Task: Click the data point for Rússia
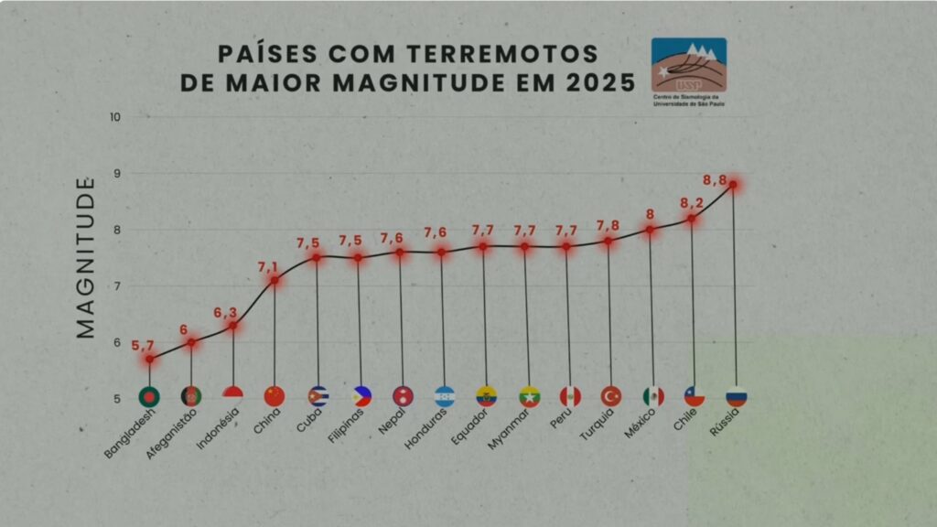click(x=733, y=185)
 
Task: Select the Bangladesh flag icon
click(x=149, y=396)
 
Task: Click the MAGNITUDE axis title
click(x=86, y=258)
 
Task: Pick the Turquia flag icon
click(x=610, y=396)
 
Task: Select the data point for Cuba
click(x=317, y=257)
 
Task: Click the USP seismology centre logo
click(x=688, y=65)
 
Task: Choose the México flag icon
click(x=652, y=396)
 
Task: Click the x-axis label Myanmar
click(x=509, y=428)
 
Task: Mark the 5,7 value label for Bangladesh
click(x=143, y=346)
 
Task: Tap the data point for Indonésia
click(x=233, y=325)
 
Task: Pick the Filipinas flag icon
click(x=361, y=396)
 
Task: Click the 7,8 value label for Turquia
click(x=608, y=226)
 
